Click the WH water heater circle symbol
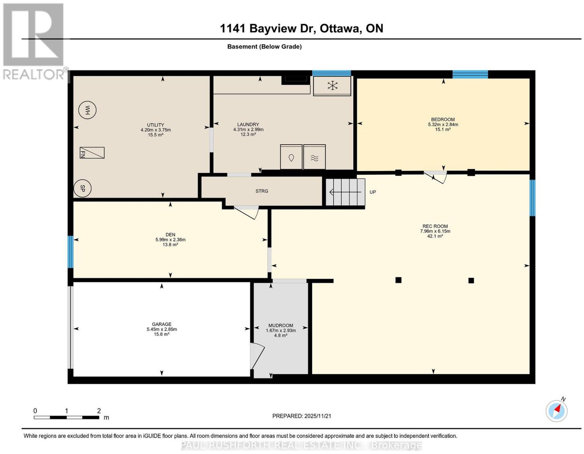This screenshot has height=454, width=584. point(87,110)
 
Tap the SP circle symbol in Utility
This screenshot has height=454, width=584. point(82,188)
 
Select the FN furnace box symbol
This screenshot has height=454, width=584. point(92,153)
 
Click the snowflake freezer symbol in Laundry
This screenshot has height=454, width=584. point(332,86)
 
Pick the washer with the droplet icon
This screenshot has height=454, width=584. point(291,157)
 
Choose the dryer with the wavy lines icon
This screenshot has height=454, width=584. point(314,157)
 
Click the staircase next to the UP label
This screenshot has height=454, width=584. point(345,192)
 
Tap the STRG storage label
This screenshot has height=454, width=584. point(262,191)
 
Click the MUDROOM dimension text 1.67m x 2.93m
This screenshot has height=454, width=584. point(281,330)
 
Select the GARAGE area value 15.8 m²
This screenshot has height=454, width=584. point(162,334)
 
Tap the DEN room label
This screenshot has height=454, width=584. point(170,234)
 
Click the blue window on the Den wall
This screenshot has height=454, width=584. point(70,252)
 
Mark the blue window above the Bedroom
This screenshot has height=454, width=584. point(470,74)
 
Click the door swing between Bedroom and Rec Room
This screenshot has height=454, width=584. point(435,177)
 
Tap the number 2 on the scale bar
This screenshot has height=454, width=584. point(99,411)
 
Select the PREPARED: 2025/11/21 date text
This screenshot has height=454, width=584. point(301,416)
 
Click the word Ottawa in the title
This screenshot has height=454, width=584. point(340,28)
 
